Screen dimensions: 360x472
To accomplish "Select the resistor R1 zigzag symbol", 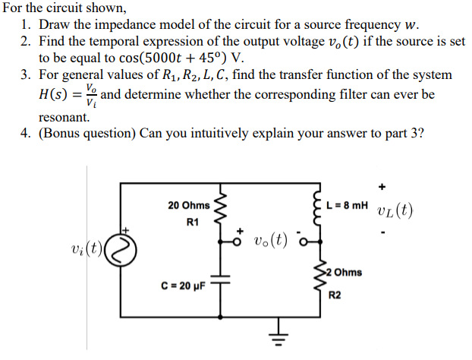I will point(222,207).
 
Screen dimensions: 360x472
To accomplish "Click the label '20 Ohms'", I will point(189,206).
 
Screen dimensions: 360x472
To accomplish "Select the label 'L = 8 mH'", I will point(347,206).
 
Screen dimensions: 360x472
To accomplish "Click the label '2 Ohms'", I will point(344,272).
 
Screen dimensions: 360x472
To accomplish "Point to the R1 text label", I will point(191,223).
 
